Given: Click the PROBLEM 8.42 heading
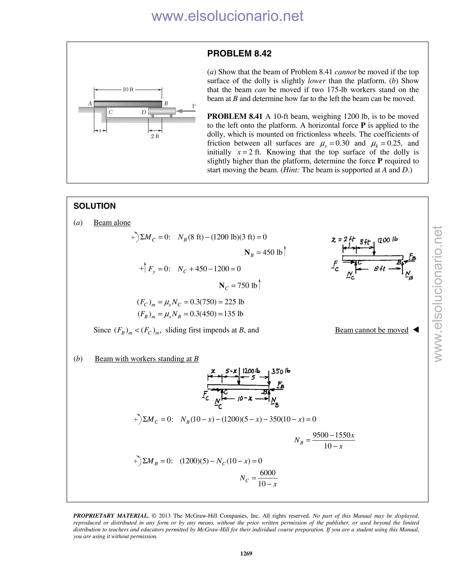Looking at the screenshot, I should pyautogui.click(x=239, y=53).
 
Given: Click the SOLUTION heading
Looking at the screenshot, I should pyautogui.click(x=94, y=206).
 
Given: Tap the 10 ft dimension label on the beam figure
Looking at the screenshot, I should pyautogui.click(x=128, y=90).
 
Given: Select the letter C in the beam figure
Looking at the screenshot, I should pyautogui.click(x=110, y=112).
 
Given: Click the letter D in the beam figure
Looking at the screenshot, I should pyautogui.click(x=144, y=112).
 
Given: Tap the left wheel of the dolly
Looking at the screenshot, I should pyautogui.click(x=153, y=116).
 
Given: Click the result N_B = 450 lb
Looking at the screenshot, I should pyautogui.click(x=263, y=253).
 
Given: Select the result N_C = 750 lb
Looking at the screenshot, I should pyautogui.click(x=238, y=286).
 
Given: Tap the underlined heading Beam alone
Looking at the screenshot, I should pyautogui.click(x=112, y=223).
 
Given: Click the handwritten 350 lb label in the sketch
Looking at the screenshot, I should pyautogui.click(x=281, y=371).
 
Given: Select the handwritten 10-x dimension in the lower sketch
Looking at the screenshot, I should pyautogui.click(x=245, y=399).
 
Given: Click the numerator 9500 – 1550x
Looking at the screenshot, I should pyautogui.click(x=333, y=435).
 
